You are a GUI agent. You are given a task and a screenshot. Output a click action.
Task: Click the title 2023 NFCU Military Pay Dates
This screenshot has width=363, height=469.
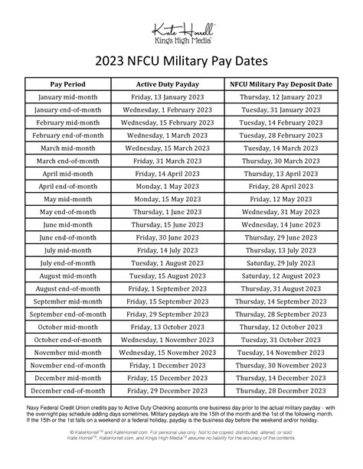181,61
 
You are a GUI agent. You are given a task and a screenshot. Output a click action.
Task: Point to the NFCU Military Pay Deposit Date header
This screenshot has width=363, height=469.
279,83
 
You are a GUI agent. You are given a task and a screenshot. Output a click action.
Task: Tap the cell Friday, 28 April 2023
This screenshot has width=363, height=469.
279,187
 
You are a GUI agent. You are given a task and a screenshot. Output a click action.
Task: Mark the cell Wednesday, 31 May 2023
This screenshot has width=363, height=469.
279,212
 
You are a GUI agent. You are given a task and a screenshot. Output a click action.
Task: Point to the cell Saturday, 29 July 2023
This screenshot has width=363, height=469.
279,263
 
